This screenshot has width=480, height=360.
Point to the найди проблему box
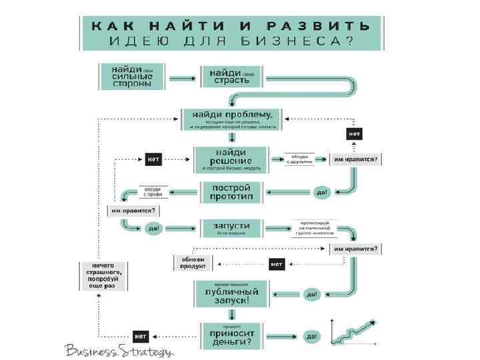click(232, 119)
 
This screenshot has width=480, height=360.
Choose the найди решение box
click(232, 160)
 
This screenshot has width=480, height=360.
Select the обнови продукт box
click(193, 262)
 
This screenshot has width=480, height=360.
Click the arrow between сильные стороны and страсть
click(181, 77)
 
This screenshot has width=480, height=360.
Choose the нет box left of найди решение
click(153, 160)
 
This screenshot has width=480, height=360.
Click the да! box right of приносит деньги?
click(312, 336)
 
